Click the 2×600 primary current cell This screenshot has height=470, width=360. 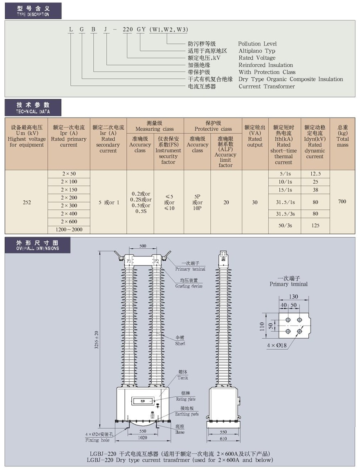point(69,222)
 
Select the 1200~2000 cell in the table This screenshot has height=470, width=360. point(69,229)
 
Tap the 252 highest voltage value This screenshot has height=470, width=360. point(27,202)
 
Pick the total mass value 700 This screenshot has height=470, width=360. point(342,201)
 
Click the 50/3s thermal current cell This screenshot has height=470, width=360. point(285,225)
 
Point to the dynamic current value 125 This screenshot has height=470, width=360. point(315,225)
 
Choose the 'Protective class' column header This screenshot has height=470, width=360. point(213,129)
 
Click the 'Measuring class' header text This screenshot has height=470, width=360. point(155,129)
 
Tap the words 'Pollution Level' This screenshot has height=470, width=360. point(257,44)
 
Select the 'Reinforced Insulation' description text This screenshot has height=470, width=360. point(265,65)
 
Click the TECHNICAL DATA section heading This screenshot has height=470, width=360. point(33,112)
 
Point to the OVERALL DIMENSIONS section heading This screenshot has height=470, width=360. point(38,248)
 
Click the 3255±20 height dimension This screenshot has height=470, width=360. point(97,340)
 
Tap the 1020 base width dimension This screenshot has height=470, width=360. point(142,438)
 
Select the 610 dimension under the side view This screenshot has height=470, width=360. point(223,439)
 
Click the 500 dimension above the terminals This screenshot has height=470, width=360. point(143,246)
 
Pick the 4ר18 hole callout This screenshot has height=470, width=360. point(277,345)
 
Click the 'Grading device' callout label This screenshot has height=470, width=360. point(189,286)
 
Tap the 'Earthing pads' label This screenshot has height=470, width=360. point(187,414)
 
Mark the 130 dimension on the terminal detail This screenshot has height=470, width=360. point(293,297)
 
